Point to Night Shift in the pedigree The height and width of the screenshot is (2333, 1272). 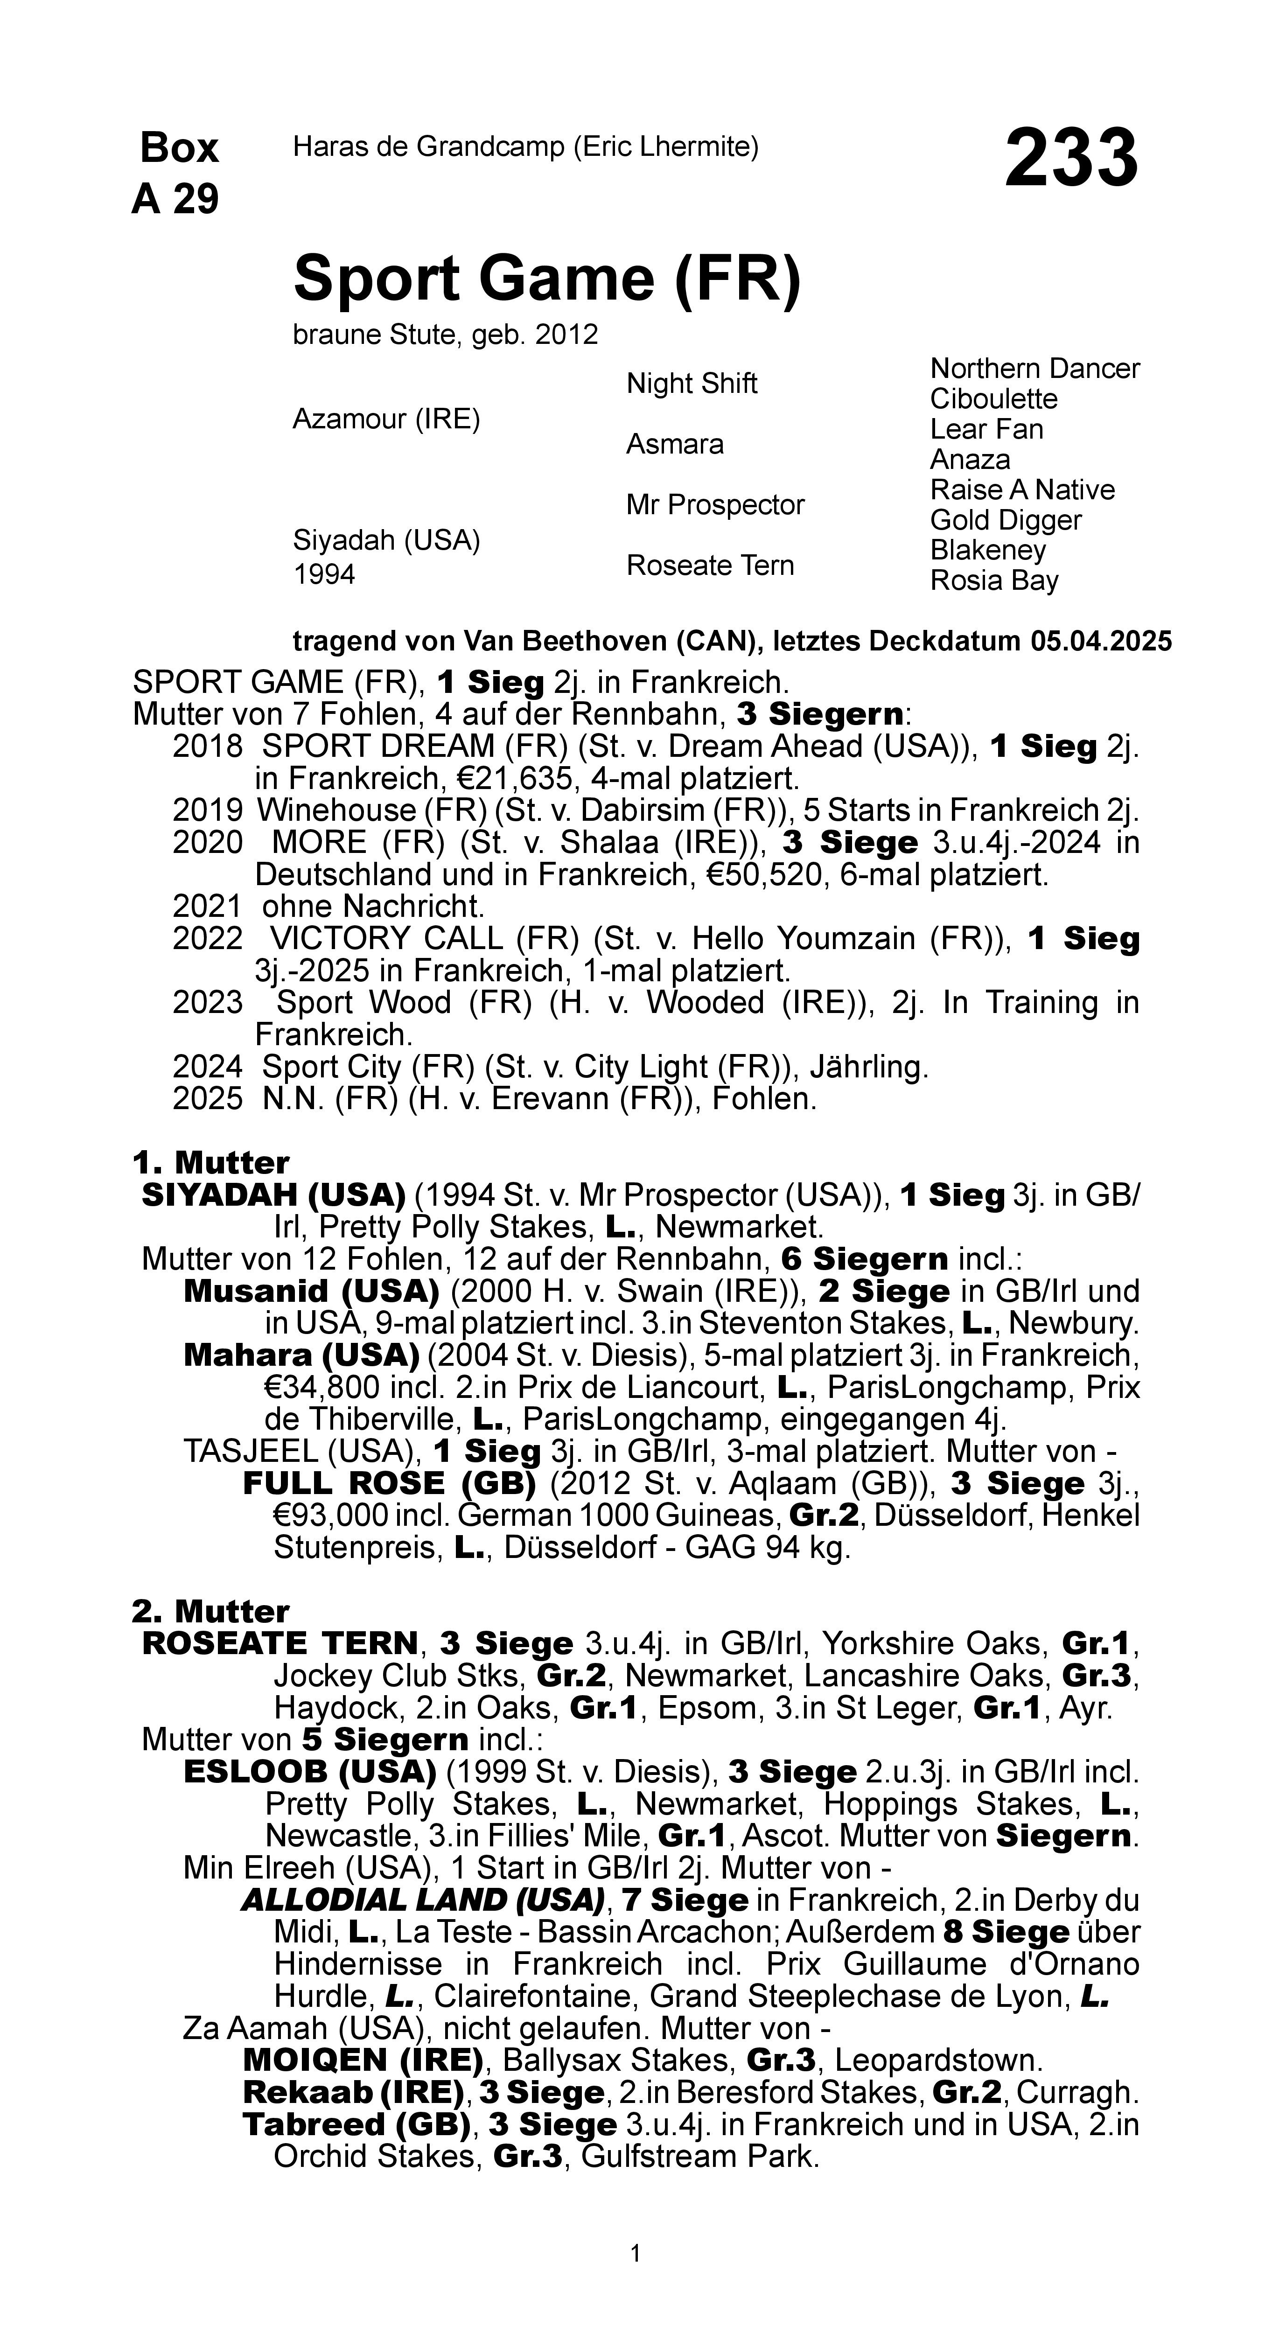coord(691,383)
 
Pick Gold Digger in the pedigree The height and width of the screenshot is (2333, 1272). coord(1006,520)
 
